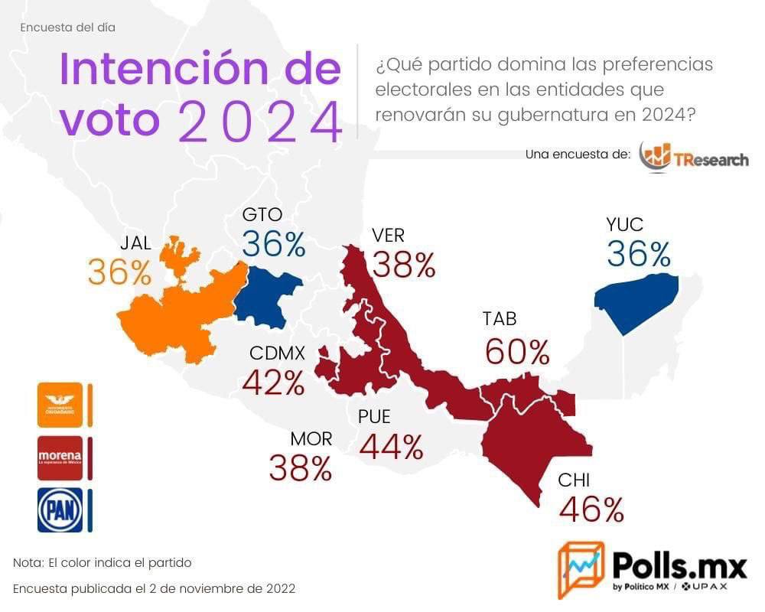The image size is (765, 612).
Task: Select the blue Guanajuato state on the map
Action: click(x=268, y=295)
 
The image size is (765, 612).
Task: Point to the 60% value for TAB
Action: click(x=517, y=352)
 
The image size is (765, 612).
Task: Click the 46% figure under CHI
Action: click(x=591, y=510)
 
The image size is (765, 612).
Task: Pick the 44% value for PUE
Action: click(x=390, y=447)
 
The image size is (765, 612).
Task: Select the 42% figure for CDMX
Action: click(x=273, y=382)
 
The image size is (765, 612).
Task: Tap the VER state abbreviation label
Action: click(x=388, y=235)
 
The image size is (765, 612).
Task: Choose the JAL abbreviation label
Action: click(x=135, y=243)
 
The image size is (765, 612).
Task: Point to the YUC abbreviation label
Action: click(x=624, y=225)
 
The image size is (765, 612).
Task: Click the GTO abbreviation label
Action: click(x=262, y=215)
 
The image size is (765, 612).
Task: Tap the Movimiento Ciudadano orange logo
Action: click(x=60, y=405)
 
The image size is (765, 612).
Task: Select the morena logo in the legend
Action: click(x=60, y=457)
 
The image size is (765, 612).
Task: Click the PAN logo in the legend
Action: click(x=60, y=510)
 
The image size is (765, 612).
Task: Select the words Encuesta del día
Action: click(x=68, y=28)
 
